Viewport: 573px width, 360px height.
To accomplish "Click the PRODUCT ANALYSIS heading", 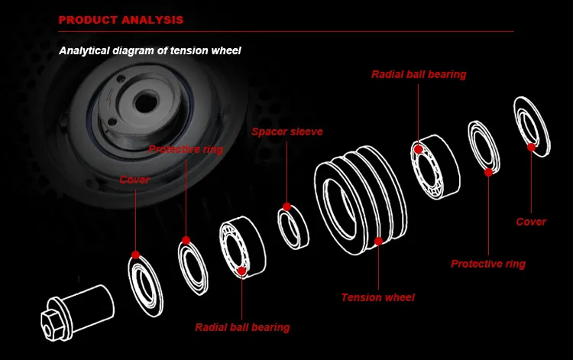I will [120, 19].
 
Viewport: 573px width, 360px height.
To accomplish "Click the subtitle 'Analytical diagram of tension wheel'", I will [150, 51].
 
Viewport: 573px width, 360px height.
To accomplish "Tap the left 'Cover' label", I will [134, 180].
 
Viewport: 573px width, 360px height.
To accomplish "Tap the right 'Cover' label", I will [531, 222].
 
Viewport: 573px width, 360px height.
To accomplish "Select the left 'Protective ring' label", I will [186, 150].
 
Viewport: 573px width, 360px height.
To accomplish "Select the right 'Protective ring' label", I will [488, 264].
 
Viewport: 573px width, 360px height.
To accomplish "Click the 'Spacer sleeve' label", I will [286, 131].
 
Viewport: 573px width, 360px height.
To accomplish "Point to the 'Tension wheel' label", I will [377, 297].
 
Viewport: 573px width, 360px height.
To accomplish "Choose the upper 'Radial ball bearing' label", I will [419, 75].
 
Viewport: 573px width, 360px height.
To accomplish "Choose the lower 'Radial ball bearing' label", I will [242, 327].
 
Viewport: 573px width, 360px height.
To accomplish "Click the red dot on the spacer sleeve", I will [286, 206].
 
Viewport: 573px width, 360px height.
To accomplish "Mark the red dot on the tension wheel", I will [378, 242].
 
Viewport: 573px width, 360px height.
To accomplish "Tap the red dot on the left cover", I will [135, 255].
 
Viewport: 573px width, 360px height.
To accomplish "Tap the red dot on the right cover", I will [531, 147].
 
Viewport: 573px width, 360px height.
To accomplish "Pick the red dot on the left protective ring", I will [185, 242].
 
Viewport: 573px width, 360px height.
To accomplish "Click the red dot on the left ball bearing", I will [242, 270].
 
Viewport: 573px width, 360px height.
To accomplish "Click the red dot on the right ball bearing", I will [419, 148].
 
